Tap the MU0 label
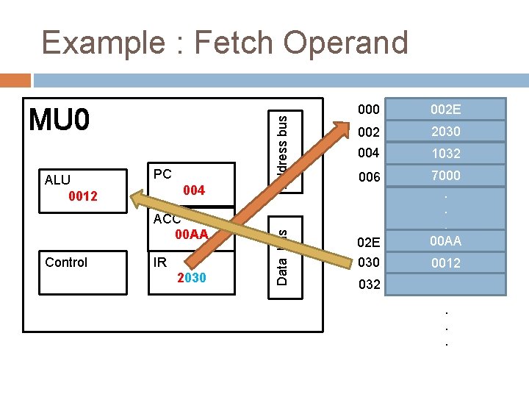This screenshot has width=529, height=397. click(59, 119)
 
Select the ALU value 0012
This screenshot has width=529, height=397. click(83, 196)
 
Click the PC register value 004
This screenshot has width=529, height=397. click(194, 191)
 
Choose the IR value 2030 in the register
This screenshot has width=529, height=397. click(192, 278)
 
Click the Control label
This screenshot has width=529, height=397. click(66, 262)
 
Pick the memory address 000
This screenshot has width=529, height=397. click(369, 110)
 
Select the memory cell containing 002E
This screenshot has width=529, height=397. click(445, 110)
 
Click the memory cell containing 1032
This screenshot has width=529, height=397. click(445, 154)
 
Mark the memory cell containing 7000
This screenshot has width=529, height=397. click(445, 176)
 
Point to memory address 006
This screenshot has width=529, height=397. click(369, 177)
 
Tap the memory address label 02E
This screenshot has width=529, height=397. click(369, 242)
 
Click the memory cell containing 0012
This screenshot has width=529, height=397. click(445, 262)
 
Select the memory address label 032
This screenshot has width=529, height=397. click(369, 285)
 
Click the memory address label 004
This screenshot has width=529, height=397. click(369, 154)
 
